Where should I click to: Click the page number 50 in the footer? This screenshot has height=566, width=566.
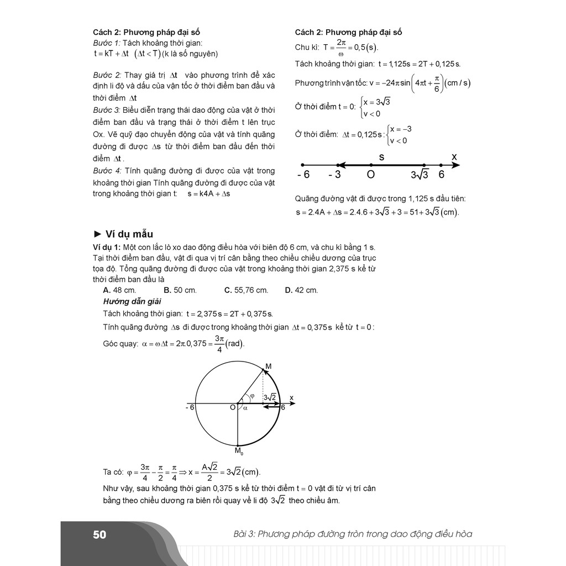coord(99,534)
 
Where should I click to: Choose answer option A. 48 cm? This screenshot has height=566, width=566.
coord(119,290)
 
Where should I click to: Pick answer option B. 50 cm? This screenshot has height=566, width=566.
coord(180,290)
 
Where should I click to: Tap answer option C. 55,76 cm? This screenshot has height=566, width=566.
coord(246,290)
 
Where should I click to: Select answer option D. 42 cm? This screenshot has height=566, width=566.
coord(301,290)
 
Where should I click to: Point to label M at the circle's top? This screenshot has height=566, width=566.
coord(269,366)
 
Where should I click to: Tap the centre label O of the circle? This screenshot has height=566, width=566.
coord(233,408)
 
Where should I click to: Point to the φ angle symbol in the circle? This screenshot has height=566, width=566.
coord(252,396)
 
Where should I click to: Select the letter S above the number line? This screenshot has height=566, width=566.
coord(381,158)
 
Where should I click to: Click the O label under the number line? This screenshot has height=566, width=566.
coord(370,175)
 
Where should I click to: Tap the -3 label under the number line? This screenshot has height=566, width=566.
coord(334,175)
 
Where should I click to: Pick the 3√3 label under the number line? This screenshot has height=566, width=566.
coord(420,175)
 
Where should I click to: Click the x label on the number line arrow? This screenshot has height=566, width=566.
coord(454,158)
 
